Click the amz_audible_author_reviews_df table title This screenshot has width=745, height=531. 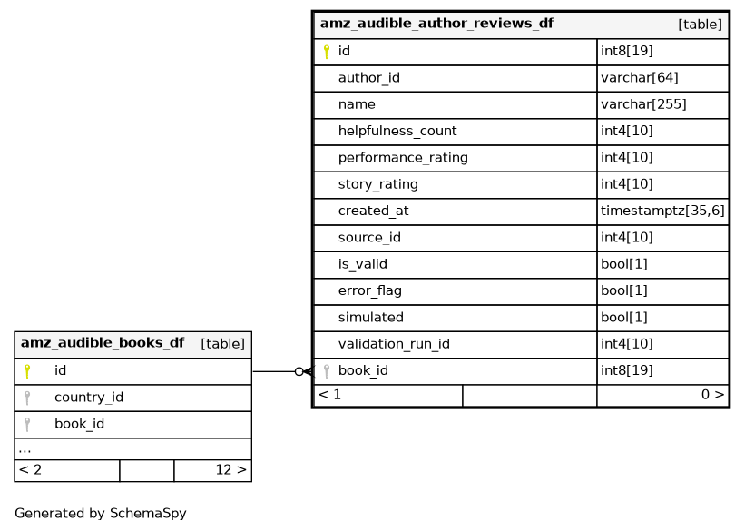pyautogui.click(x=436, y=24)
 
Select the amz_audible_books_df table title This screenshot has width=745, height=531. pyautogui.click(x=103, y=343)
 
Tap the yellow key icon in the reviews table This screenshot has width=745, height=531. pyautogui.click(x=327, y=52)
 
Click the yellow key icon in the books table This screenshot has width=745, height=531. pyautogui.click(x=27, y=371)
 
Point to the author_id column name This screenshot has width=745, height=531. pyautogui.click(x=369, y=77)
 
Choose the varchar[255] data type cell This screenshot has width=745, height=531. pyautogui.click(x=643, y=104)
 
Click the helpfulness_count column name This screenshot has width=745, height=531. pyautogui.click(x=397, y=131)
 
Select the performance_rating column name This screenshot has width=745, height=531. pyautogui.click(x=403, y=157)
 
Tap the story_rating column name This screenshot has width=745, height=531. pyautogui.click(x=378, y=184)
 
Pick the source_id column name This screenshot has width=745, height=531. pyautogui.click(x=369, y=237)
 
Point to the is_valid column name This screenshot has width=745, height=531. pyautogui.click(x=363, y=264)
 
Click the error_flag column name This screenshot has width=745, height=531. pyautogui.click(x=370, y=290)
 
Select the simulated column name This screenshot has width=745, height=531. pyautogui.click(x=371, y=317)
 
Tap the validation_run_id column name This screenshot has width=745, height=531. pyautogui.click(x=394, y=344)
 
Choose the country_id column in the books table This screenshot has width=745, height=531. pyautogui.click(x=89, y=397)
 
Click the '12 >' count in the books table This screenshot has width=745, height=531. pyautogui.click(x=230, y=469)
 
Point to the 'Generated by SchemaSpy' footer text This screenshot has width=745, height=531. pyautogui.click(x=101, y=514)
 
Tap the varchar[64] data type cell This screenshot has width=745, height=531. pyautogui.click(x=640, y=77)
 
